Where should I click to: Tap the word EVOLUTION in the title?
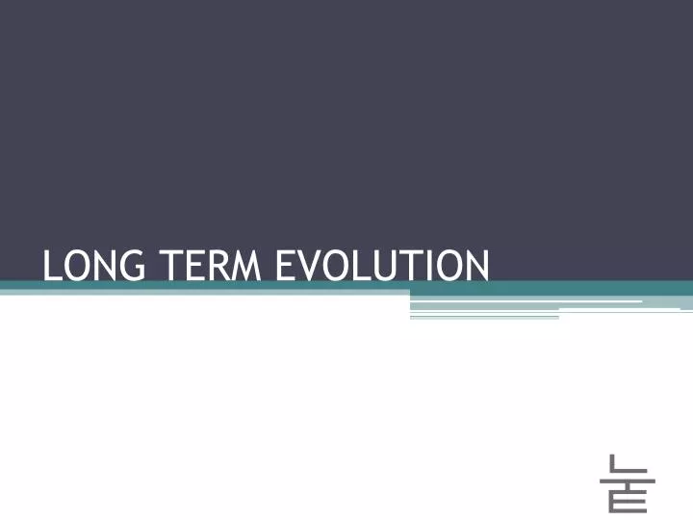click(x=382, y=264)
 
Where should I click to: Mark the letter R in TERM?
click(x=220, y=264)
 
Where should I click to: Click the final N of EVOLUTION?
click(x=475, y=264)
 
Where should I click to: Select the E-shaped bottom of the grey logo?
click(x=628, y=499)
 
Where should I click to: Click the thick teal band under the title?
click(x=346, y=287)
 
